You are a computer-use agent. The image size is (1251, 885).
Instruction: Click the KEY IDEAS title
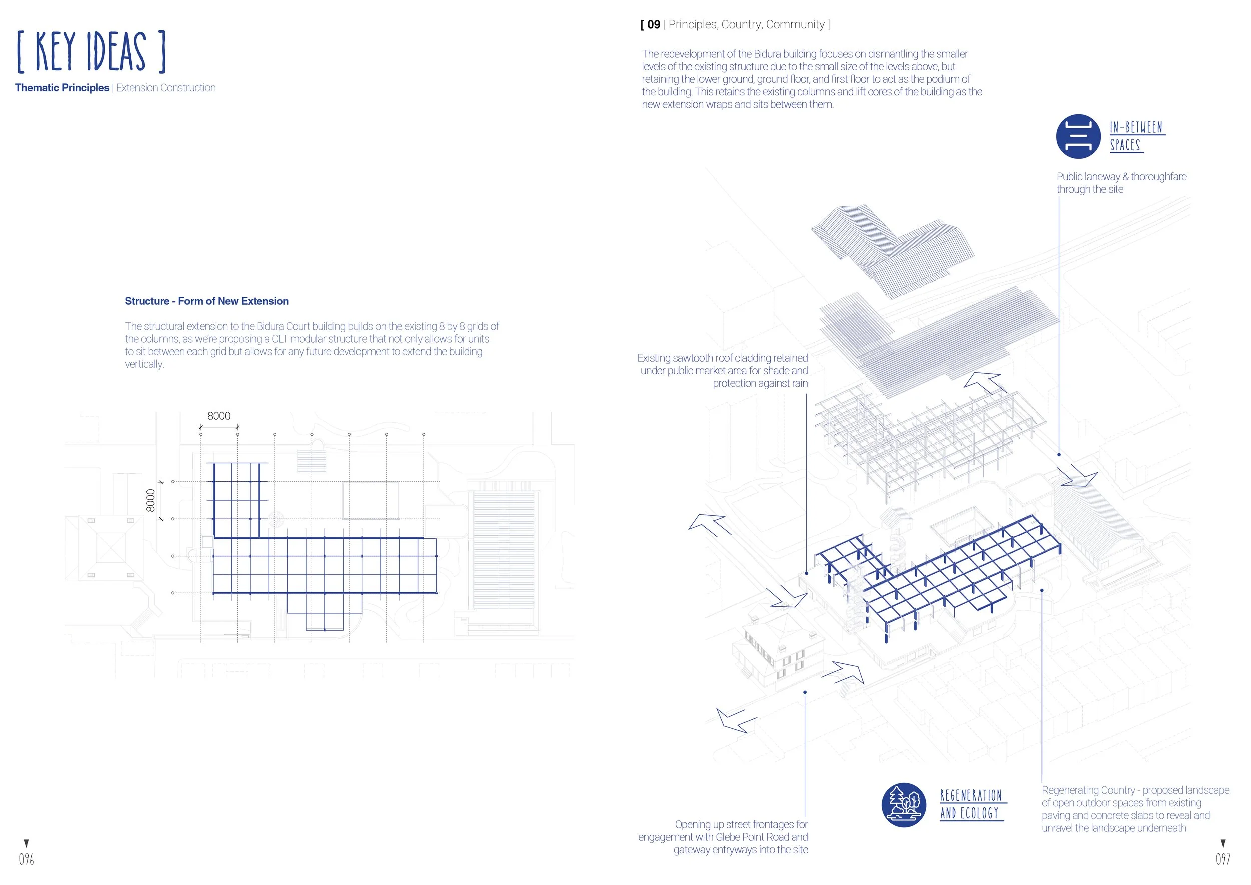tap(91, 52)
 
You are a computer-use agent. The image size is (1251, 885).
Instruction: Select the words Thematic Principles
tap(62, 88)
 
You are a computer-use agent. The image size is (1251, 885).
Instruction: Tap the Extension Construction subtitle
tap(166, 88)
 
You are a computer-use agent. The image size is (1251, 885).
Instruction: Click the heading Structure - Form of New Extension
tap(207, 301)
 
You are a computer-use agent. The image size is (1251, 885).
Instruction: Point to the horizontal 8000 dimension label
tap(219, 416)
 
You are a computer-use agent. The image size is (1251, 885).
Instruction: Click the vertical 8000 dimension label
tap(151, 500)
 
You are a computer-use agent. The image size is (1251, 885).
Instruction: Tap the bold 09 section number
tap(654, 25)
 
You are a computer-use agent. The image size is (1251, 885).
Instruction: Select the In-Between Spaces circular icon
tap(1078, 136)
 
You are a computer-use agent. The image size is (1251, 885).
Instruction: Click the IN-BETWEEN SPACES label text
tap(1136, 136)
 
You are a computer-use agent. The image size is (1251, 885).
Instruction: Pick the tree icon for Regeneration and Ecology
tap(903, 805)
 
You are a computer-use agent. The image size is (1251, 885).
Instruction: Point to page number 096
tap(26, 860)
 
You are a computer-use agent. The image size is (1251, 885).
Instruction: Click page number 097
tap(1223, 860)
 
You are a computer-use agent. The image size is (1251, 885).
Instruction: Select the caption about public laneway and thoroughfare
tap(1121, 183)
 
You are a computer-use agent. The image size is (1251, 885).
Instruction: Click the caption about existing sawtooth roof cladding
tap(723, 371)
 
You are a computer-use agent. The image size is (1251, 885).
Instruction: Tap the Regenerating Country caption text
tap(1134, 809)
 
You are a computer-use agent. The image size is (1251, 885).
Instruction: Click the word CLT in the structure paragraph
tap(280, 339)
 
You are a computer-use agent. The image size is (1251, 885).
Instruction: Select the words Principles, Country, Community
tap(747, 25)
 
